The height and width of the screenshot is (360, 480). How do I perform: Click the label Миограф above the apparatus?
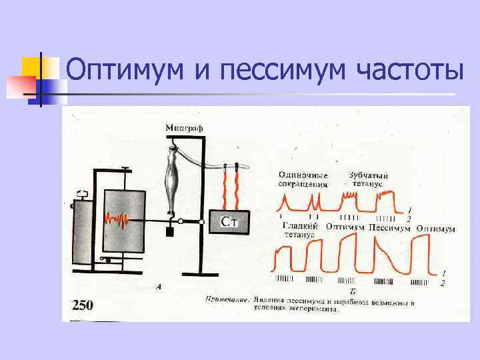(185, 127)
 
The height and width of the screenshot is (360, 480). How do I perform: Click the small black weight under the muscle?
(169, 233)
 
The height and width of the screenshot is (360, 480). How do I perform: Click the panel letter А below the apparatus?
(159, 287)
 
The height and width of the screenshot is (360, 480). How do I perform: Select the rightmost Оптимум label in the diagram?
(435, 229)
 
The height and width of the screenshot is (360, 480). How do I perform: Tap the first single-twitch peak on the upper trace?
(286, 199)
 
